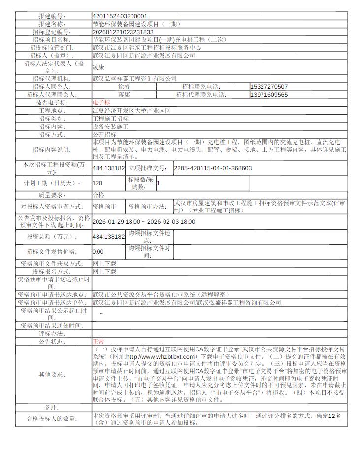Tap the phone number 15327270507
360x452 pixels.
pyautogui.click(x=269, y=87)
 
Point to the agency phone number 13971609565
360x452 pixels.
pyautogui.click(x=269, y=95)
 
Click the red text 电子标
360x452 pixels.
pyautogui.click(x=101, y=103)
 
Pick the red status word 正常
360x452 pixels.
pyautogui.click(x=98, y=341)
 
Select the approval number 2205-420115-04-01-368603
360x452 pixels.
pyautogui.click(x=213, y=168)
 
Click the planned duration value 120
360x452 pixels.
pyautogui.click(x=98, y=183)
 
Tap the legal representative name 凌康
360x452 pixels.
pyautogui.click(x=98, y=67)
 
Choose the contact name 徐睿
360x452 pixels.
pyautogui.click(x=124, y=87)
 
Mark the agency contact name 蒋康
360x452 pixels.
pyautogui.click(x=124, y=95)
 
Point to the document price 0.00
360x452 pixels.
pyautogui.click(x=98, y=251)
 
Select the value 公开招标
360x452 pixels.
pyautogui.click(x=104, y=134)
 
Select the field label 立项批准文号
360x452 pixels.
pyautogui.click(x=148, y=168)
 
